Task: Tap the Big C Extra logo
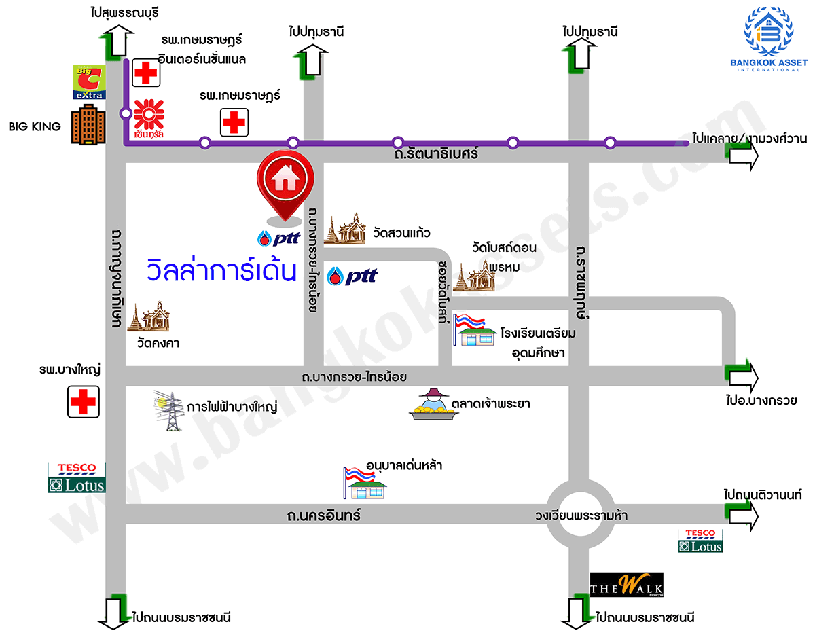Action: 89,82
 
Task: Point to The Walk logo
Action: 626,585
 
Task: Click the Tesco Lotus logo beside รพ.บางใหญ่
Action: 77,477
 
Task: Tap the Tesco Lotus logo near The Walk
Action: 700,541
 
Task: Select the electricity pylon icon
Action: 171,410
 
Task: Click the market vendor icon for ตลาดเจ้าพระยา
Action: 431,405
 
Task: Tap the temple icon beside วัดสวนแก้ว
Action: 345,229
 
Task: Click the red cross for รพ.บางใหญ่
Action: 84,401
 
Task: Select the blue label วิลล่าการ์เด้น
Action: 222,271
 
